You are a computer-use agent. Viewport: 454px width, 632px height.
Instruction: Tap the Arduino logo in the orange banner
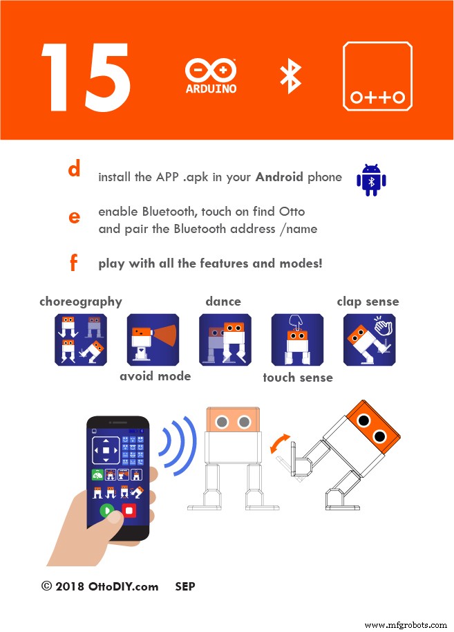pos(211,77)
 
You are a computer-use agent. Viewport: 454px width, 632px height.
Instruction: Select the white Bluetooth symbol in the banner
pos(290,77)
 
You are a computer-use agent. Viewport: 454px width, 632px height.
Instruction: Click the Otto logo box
pos(377,76)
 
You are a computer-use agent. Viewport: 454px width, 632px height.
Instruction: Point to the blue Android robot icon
pos(371,180)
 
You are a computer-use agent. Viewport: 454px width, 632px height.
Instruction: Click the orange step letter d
pos(74,168)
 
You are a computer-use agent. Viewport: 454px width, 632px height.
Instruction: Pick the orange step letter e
pos(74,218)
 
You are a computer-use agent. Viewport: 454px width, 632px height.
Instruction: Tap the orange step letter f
pos(73,262)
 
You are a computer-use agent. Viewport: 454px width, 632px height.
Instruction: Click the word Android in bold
pos(279,177)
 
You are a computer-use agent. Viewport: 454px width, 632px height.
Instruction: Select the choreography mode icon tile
pos(81,340)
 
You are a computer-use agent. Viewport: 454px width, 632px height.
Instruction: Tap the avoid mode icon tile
pos(153,340)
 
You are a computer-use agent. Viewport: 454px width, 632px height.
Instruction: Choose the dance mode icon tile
pos(225,340)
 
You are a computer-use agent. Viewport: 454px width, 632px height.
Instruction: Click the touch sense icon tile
pos(297,340)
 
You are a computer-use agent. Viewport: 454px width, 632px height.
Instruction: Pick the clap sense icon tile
pos(370,340)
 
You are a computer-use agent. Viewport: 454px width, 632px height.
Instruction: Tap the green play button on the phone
pos(106,511)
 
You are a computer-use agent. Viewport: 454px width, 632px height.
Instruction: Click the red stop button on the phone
pos(129,511)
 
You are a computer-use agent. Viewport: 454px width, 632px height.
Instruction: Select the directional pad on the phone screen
pos(106,450)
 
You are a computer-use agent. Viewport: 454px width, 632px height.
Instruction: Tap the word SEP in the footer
pos(185,586)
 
